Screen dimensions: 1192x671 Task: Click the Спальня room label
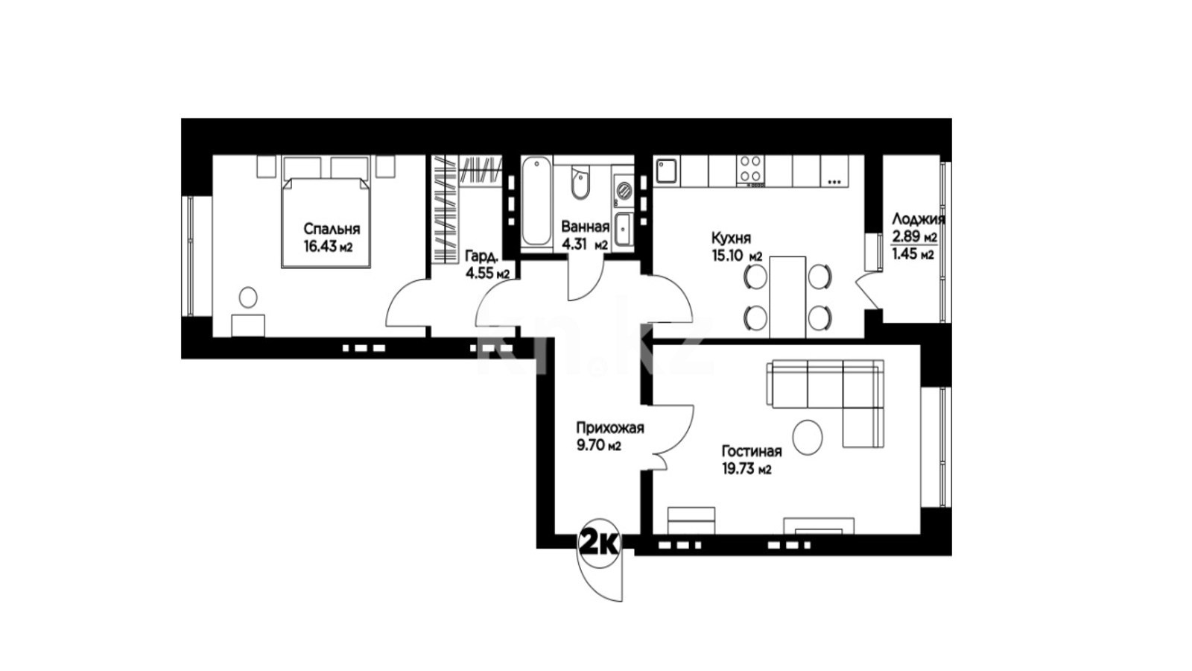coord(332,230)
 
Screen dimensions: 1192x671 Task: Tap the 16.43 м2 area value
coord(329,247)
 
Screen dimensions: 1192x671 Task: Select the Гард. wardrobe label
coord(482,256)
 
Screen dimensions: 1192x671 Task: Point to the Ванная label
coord(586,227)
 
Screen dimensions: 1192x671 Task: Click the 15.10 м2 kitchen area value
coord(737,256)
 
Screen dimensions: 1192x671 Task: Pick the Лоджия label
coord(919,219)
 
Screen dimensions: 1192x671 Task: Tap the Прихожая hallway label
coord(610,428)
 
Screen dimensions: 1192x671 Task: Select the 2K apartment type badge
coord(599,544)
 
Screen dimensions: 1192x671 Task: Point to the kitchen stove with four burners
coord(751,171)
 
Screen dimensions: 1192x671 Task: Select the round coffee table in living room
coord(808,437)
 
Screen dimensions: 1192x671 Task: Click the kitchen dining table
coord(787,297)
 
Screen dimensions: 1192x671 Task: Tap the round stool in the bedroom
coord(248,297)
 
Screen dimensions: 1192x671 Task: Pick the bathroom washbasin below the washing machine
coord(623,229)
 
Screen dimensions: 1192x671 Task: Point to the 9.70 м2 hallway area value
coord(599,445)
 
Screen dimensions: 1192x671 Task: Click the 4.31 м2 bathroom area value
coord(585,245)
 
